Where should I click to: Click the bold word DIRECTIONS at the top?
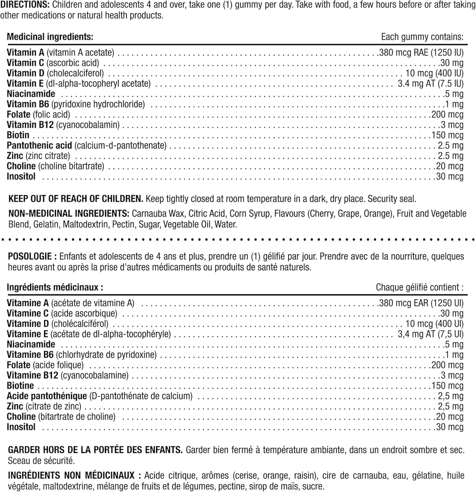pos(25,5)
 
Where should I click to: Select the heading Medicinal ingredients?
pos(50,37)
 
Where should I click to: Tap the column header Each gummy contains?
pos(422,37)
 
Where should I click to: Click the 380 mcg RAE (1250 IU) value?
pos(421,52)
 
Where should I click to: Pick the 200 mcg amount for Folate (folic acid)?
pos(447,114)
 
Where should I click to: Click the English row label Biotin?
pos(18,135)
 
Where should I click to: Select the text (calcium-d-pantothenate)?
pos(120,145)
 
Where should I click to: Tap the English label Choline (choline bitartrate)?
pos(55,166)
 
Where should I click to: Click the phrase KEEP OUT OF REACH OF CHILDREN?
pos(76,199)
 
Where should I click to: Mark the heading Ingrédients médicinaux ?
pos(55,287)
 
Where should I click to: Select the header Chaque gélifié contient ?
pos(419,287)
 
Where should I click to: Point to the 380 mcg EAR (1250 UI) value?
pos(421,303)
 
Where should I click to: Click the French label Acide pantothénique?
pos(47,396)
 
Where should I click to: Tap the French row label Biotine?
pos(20,386)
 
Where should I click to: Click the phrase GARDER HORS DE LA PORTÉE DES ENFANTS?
pos(95,450)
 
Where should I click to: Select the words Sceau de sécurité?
pos(42,461)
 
